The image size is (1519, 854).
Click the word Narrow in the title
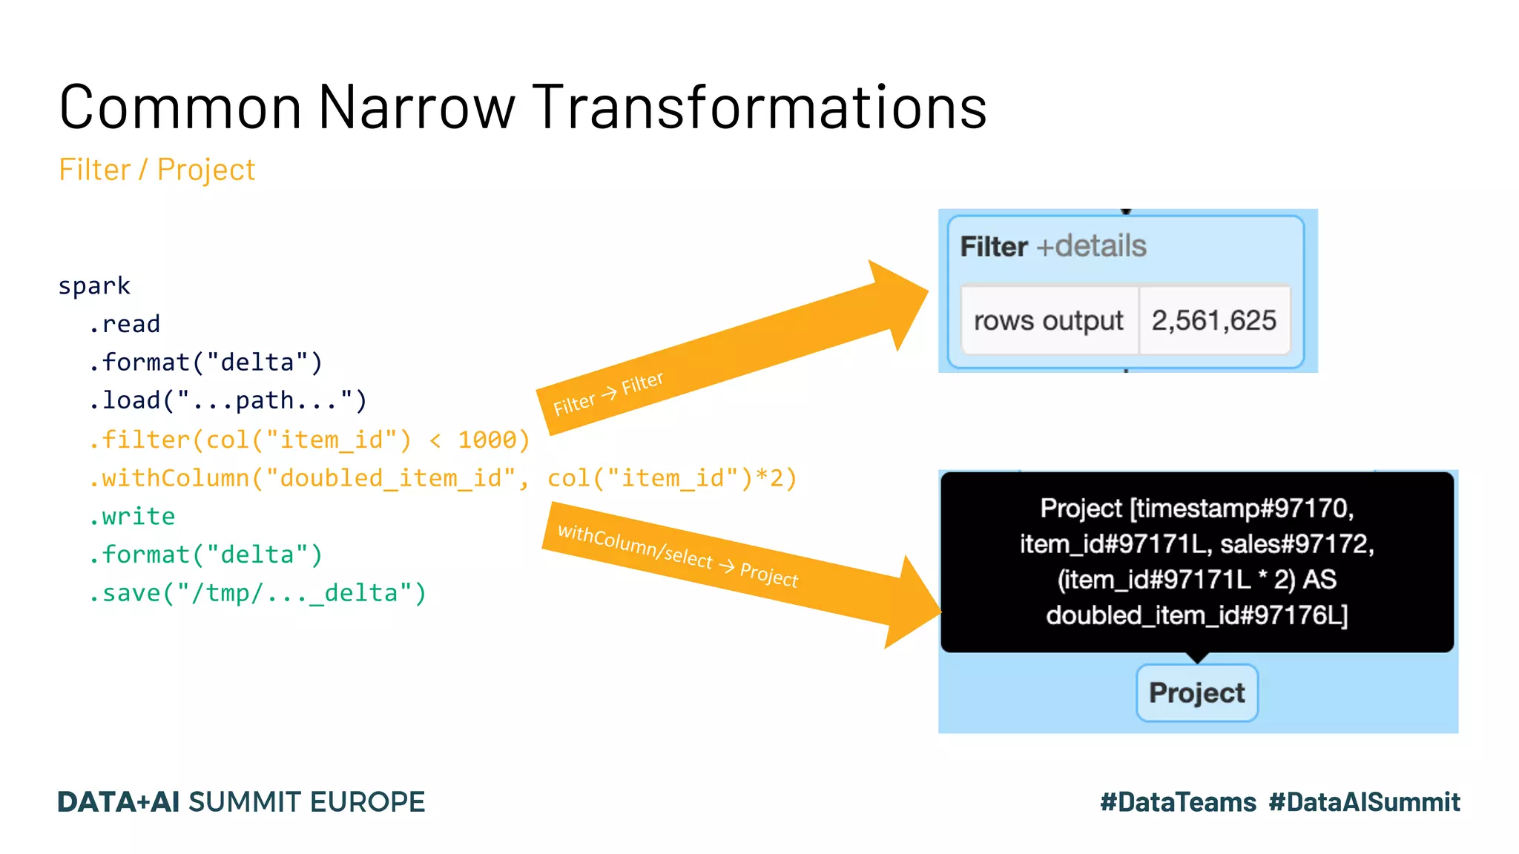416,107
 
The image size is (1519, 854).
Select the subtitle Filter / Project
157,170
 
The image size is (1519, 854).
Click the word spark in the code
94,286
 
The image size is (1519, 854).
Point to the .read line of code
125,324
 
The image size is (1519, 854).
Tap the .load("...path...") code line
228,400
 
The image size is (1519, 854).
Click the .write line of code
132,516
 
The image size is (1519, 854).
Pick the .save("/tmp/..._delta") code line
257,593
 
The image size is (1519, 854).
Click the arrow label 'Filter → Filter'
608,394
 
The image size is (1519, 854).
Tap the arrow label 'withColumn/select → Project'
678,555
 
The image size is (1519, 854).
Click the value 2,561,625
1213,320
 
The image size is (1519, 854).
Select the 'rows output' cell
1048,321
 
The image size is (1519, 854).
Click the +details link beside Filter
1091,246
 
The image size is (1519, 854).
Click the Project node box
1196,692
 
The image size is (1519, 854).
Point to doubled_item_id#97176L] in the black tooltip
1196,615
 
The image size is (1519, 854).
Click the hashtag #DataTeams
1178,802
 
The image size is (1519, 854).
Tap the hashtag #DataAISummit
1364,802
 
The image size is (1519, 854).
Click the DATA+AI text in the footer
119,802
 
